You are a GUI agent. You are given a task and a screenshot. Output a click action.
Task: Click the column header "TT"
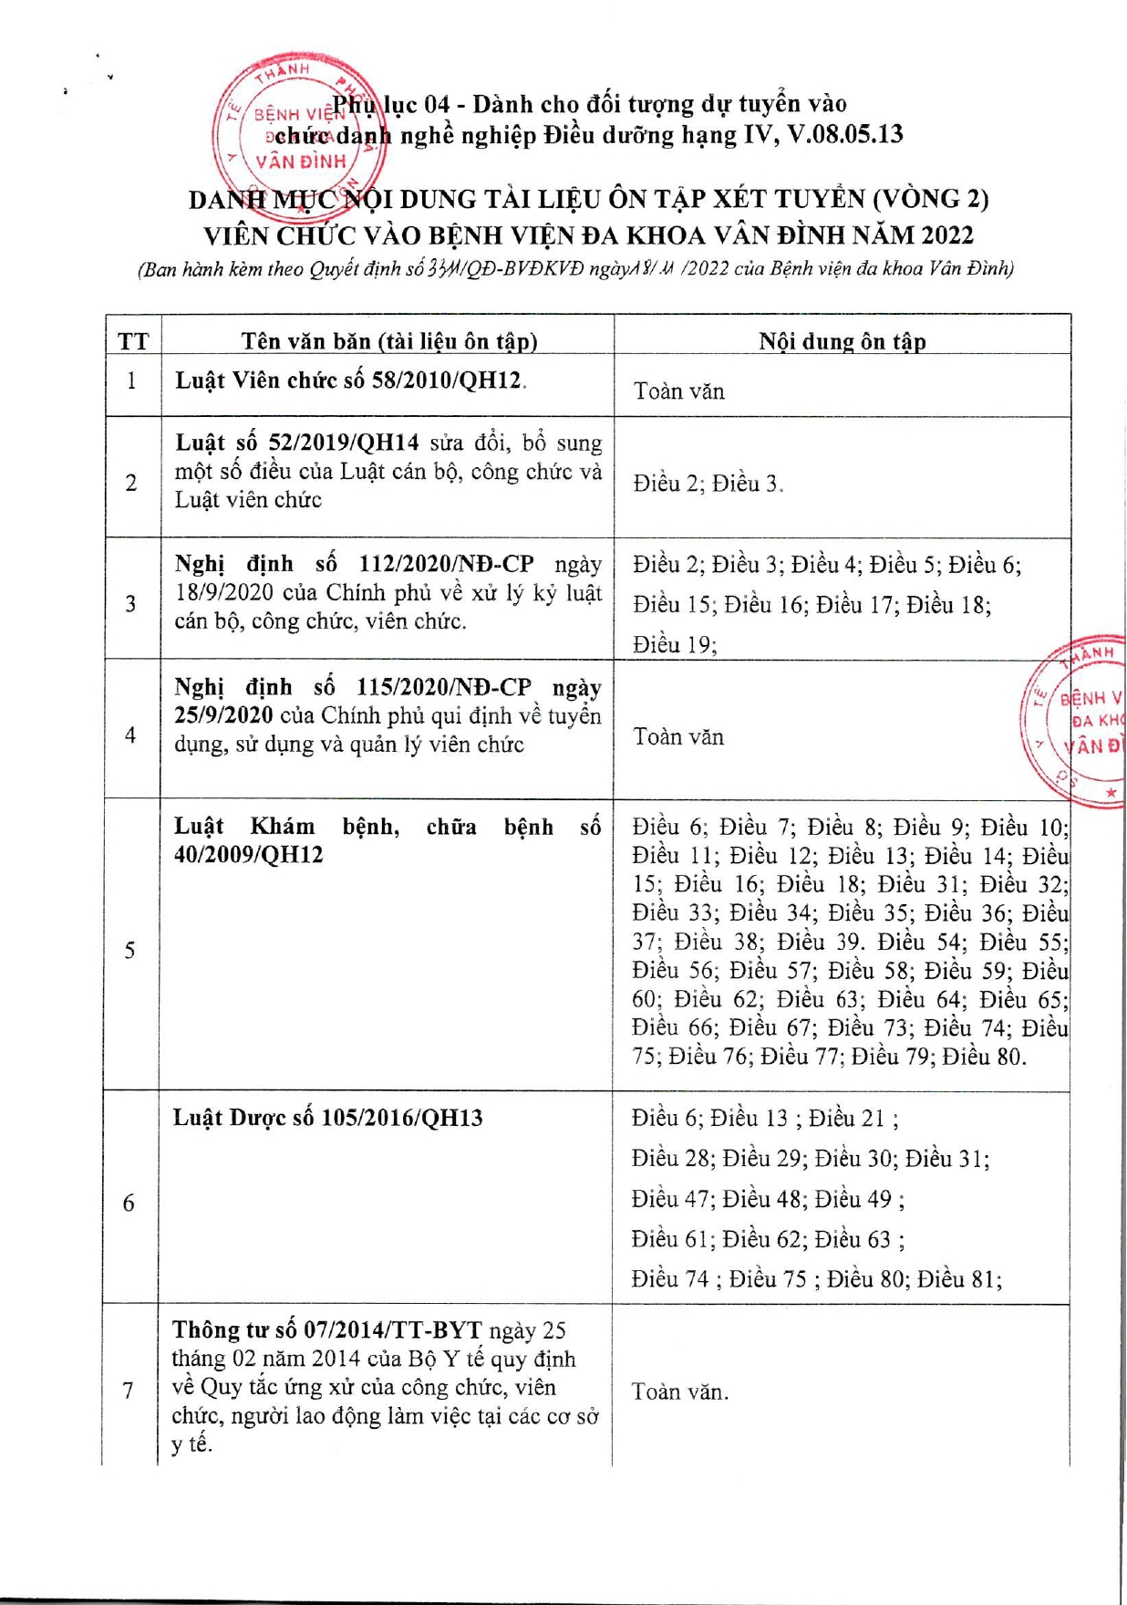pos(133,342)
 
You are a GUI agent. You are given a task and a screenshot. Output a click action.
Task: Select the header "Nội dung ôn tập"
pos(842,342)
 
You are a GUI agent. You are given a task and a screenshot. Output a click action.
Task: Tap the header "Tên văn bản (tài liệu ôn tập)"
pos(389,342)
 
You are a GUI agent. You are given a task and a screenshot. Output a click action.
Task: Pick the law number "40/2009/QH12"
pos(248,856)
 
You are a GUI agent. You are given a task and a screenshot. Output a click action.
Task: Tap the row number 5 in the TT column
pos(129,951)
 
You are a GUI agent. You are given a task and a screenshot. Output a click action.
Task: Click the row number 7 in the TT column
pos(129,1391)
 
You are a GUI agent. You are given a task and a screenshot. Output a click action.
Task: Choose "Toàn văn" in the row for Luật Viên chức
pos(678,391)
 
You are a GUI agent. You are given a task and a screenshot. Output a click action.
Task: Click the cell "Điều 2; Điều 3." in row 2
pos(708,484)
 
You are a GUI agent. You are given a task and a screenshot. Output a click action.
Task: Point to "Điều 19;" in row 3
pos(675,645)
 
